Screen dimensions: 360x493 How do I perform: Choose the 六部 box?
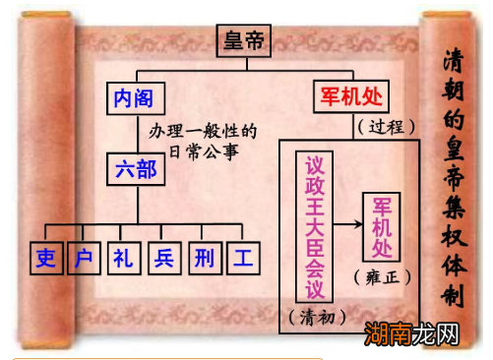(x=136, y=167)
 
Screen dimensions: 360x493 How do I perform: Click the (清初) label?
(x=315, y=318)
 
